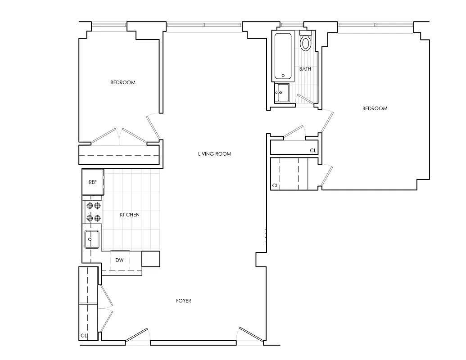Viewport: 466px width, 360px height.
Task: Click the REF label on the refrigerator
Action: [x=93, y=182]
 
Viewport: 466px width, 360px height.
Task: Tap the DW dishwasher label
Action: [x=119, y=260]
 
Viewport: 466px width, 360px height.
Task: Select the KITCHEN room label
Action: [x=130, y=215]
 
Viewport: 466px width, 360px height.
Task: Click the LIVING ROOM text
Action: [x=214, y=154]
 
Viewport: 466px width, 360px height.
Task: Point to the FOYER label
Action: [x=184, y=301]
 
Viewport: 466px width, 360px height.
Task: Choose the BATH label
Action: [x=305, y=69]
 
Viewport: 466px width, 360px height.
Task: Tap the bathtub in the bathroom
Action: [x=283, y=57]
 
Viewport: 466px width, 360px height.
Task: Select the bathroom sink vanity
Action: [x=283, y=94]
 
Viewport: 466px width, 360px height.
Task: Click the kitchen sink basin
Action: [x=92, y=238]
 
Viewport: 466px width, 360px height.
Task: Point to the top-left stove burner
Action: [x=89, y=206]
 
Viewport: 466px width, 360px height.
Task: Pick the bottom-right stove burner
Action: [x=97, y=218]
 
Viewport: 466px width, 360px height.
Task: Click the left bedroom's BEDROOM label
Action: [x=123, y=82]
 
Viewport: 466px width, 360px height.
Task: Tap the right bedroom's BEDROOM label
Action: [x=375, y=108]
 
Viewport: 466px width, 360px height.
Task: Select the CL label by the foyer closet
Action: [x=83, y=336]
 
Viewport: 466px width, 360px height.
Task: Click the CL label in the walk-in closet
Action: [x=275, y=185]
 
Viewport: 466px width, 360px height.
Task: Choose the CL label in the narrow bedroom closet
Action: [x=312, y=150]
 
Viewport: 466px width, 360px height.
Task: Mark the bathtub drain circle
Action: [x=283, y=76]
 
